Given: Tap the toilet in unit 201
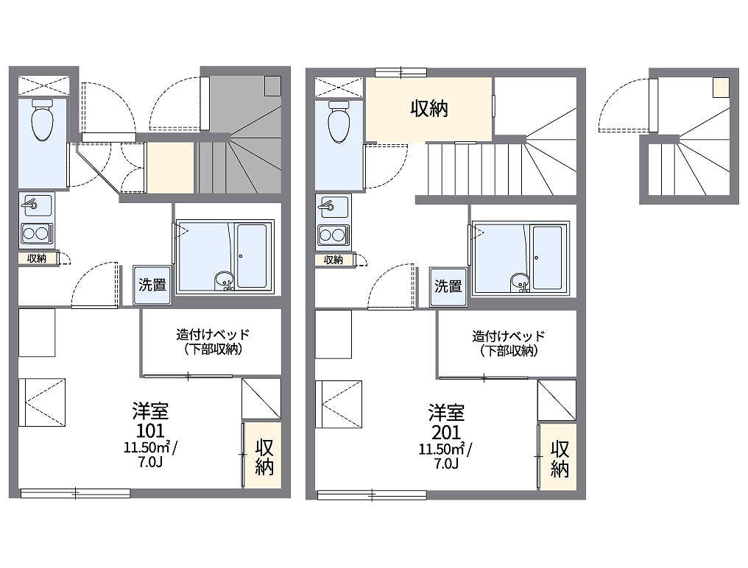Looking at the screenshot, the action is (339, 121).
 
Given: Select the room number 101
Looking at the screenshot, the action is (150, 430).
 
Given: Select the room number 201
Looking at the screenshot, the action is (446, 432).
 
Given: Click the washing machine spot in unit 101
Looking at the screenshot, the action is (152, 285).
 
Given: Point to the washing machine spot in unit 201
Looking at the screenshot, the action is (448, 287).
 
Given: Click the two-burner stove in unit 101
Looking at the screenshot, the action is (36, 234).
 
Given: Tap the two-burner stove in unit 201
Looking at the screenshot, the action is (333, 235).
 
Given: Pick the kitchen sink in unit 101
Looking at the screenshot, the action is (36, 205).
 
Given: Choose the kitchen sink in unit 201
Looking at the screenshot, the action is (333, 207).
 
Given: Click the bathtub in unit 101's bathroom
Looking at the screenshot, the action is (252, 256).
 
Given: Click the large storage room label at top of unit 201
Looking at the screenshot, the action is (429, 109).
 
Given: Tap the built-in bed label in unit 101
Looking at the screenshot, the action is (212, 341).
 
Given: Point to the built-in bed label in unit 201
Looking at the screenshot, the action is (509, 344).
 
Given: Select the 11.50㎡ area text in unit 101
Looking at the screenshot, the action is (147, 448).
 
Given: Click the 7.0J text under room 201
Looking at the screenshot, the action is (446, 464).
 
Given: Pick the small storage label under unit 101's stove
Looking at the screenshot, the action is (36, 258).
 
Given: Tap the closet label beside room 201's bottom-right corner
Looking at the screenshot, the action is (560, 459).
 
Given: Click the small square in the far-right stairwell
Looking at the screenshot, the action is (721, 88).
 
